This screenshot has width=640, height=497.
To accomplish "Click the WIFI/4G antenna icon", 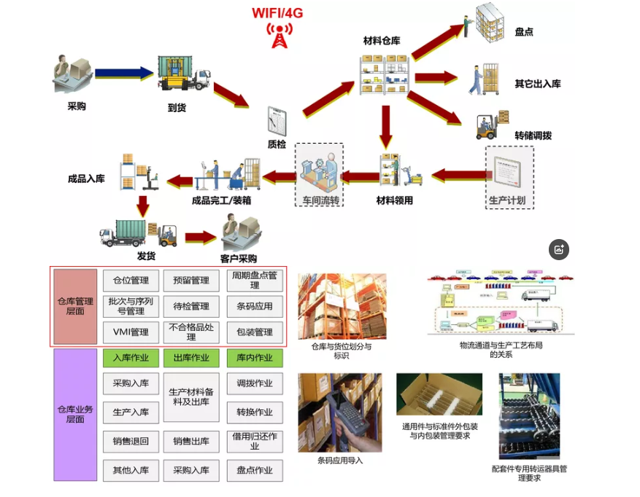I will click(279, 36).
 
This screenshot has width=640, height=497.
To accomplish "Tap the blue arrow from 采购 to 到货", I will click(124, 72).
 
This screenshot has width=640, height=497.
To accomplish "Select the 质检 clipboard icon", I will click(277, 120).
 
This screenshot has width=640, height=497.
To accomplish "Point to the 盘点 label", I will click(524, 32).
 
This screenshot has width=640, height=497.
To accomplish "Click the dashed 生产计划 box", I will click(509, 177).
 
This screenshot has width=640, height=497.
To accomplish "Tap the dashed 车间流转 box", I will click(319, 175).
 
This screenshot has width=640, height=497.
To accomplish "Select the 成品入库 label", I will click(86, 179).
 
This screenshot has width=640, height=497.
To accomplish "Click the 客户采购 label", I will click(239, 258).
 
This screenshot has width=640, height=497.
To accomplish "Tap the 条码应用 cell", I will click(254, 306).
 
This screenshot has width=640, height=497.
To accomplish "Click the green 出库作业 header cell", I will click(191, 358).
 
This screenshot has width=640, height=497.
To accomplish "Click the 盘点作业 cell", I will click(254, 470).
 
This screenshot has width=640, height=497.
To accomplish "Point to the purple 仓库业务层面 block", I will click(76, 414).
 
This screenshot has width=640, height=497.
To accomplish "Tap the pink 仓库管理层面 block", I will click(76, 306).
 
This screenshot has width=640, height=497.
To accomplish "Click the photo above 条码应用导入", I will click(340, 412).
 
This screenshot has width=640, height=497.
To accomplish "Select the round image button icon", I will click(559, 249).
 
